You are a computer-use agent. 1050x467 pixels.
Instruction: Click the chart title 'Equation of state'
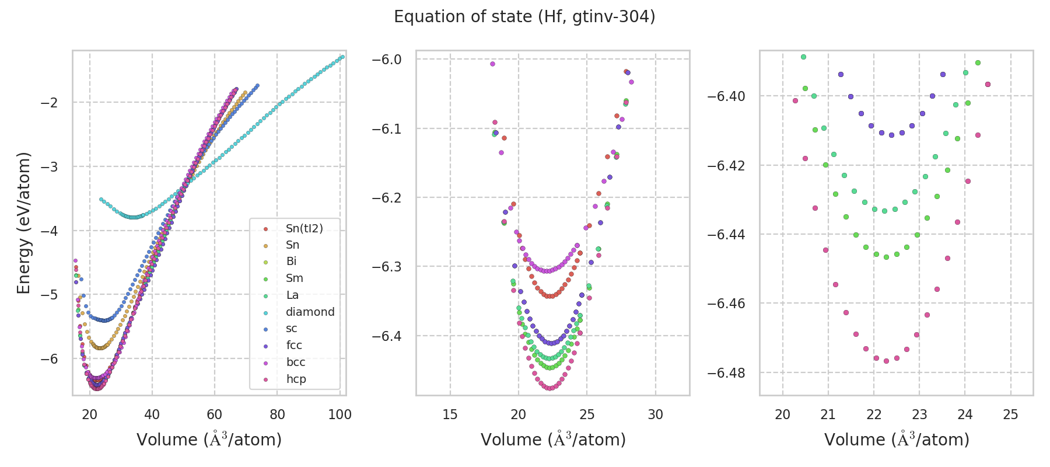click(524, 17)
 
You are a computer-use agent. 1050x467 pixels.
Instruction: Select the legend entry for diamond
click(310, 312)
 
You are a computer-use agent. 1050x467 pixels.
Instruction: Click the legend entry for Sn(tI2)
click(304, 228)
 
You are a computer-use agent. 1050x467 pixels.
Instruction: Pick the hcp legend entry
click(296, 379)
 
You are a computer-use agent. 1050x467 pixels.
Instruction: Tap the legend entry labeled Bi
click(292, 262)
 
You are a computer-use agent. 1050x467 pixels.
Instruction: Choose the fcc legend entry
click(294, 345)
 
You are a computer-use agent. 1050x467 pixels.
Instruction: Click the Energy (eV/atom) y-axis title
click(23, 222)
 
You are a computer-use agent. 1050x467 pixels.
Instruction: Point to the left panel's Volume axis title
click(209, 440)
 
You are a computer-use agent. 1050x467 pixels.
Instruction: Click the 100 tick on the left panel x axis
click(339, 414)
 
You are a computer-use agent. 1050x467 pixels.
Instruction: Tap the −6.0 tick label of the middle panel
click(387, 60)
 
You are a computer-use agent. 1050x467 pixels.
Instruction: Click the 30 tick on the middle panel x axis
click(656, 414)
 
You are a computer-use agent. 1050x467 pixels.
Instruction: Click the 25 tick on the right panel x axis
click(1010, 414)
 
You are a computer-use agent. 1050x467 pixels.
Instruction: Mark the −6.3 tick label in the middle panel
click(387, 267)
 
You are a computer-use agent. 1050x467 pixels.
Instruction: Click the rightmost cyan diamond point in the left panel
click(342, 57)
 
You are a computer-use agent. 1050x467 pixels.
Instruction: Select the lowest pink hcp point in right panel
click(886, 361)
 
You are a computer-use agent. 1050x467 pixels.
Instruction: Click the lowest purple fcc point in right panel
click(891, 135)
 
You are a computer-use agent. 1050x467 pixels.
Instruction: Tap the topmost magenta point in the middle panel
click(492, 64)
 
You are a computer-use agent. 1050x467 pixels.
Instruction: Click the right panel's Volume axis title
click(897, 440)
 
